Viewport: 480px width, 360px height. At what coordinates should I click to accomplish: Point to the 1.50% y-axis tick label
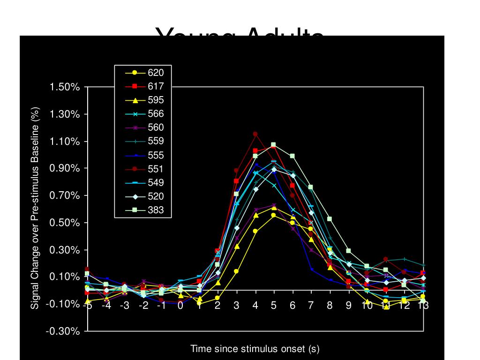(x=65, y=88)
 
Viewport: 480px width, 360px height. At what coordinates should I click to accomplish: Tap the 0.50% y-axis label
(x=65, y=223)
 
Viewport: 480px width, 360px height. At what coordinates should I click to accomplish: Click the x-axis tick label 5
(x=274, y=306)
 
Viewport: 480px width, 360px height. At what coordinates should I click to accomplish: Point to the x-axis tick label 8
(x=330, y=306)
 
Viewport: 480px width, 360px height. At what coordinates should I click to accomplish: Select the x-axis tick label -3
(x=124, y=306)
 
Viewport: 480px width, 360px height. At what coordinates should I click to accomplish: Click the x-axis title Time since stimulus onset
(x=255, y=349)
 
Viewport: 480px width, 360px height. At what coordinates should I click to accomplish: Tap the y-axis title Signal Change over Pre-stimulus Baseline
(x=36, y=208)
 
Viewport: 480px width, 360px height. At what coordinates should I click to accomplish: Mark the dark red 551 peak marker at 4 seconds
(x=255, y=134)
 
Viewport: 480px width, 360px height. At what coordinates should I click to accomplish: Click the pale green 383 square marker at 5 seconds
(x=274, y=145)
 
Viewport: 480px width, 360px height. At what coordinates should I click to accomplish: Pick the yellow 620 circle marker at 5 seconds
(x=274, y=215)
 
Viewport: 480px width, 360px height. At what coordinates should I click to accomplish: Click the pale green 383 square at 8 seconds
(x=330, y=219)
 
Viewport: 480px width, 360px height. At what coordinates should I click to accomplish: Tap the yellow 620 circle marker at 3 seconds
(x=236, y=271)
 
